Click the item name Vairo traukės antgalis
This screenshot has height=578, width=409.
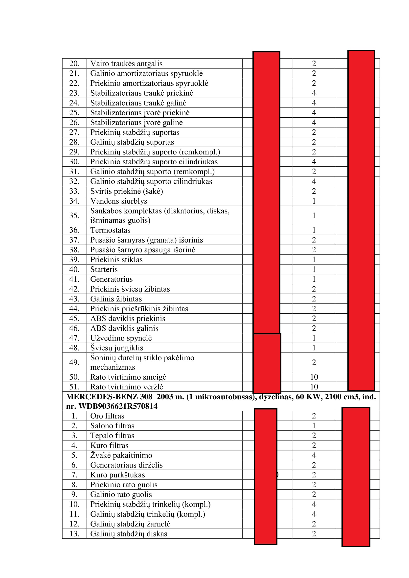tap(126, 64)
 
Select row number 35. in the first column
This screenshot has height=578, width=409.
tap(74, 215)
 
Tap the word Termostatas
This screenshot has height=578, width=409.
tap(110, 230)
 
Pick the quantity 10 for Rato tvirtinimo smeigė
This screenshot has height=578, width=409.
tap(314, 377)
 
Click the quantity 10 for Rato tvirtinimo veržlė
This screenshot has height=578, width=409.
tap(314, 387)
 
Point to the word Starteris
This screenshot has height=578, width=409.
tap(104, 269)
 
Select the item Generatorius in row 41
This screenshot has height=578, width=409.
tap(111, 279)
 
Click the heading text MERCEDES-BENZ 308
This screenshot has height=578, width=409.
tap(109, 397)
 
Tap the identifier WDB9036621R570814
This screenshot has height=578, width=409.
tap(118, 406)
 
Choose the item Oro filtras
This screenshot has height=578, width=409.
tap(107, 416)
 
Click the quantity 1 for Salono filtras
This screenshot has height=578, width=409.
tap(314, 426)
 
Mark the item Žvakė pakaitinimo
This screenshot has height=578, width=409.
tap(121, 455)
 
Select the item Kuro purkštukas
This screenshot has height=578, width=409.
tap(118, 475)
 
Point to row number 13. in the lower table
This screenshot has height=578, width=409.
tap(74, 534)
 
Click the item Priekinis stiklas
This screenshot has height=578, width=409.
tap(116, 259)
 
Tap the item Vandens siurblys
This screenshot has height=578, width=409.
tap(119, 201)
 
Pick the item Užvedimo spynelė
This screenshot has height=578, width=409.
tap(121, 338)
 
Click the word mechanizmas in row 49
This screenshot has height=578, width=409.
tap(113, 367)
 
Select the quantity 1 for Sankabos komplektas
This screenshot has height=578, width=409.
tap(314, 215)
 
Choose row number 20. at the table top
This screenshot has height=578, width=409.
tap(74, 64)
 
